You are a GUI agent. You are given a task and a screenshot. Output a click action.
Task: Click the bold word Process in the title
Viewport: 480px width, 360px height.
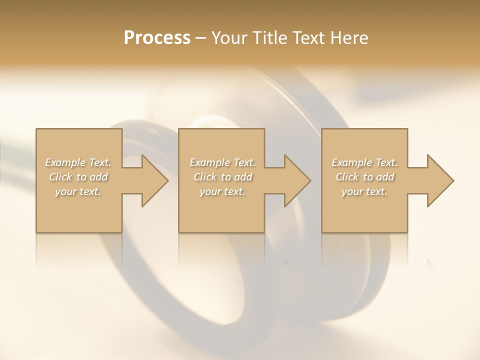[157, 37]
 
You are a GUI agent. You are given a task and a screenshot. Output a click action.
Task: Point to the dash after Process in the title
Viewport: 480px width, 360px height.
[201, 38]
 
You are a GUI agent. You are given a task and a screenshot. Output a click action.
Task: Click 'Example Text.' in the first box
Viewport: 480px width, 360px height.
[78, 162]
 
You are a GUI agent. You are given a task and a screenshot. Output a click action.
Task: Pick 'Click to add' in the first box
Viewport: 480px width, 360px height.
[78, 177]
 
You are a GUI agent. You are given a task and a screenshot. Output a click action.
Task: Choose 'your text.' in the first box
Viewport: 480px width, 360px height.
[78, 191]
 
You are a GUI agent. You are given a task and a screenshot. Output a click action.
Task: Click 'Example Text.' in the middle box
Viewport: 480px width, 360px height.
[222, 162]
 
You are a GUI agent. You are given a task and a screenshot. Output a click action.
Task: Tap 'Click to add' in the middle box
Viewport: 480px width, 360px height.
[222, 177]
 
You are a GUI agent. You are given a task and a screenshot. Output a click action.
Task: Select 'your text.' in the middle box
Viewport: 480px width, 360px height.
[222, 191]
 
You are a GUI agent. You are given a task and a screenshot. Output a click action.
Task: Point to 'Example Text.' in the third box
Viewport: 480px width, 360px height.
[364, 162]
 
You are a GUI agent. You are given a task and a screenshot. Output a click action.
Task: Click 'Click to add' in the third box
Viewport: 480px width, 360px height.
[364, 177]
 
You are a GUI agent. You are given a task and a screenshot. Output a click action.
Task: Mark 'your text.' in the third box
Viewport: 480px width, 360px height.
[364, 191]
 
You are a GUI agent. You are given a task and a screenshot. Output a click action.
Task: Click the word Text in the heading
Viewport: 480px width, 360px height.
[307, 37]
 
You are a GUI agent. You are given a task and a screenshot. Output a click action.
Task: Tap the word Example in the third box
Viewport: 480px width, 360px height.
[352, 162]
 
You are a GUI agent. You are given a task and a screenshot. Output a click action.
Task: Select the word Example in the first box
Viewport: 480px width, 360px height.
[65, 162]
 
